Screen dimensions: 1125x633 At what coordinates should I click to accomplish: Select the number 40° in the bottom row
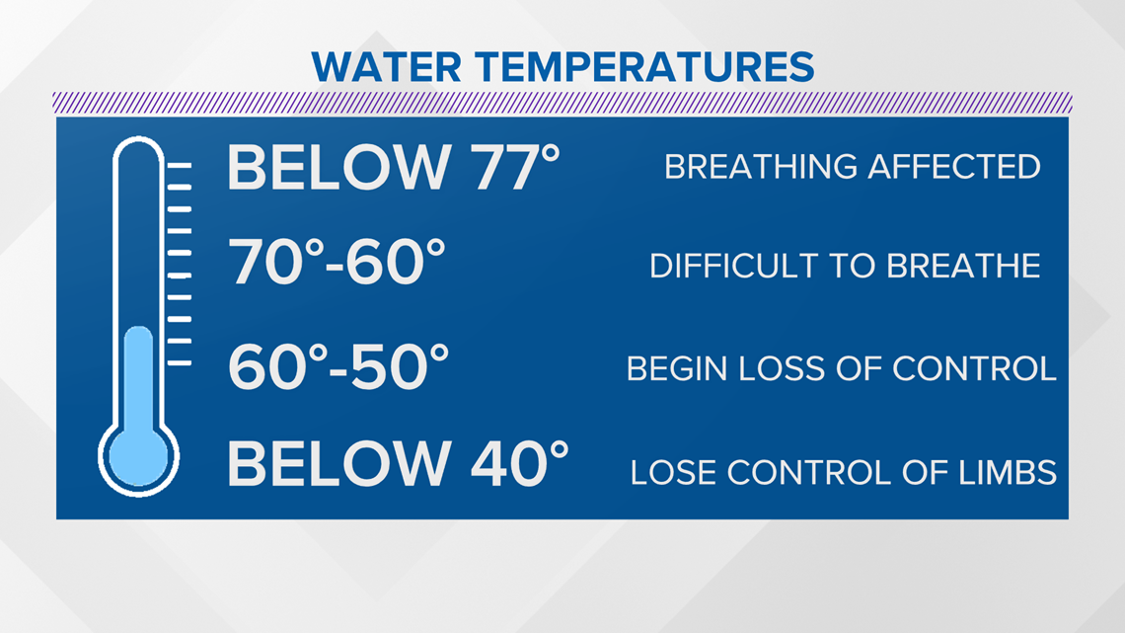click(x=519, y=463)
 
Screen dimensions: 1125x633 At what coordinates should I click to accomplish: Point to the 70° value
click(x=276, y=262)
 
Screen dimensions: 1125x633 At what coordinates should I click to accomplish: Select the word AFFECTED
click(x=954, y=167)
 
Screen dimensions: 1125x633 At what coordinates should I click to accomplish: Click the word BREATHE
click(x=963, y=267)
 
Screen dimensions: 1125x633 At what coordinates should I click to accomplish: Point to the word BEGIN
click(x=677, y=369)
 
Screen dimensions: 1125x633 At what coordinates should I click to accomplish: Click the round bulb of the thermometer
click(x=138, y=457)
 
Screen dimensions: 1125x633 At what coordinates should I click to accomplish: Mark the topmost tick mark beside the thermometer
click(x=180, y=165)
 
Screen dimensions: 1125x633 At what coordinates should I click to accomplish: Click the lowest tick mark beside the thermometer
click(x=180, y=363)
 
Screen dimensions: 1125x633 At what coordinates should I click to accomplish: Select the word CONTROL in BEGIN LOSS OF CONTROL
click(x=974, y=369)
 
